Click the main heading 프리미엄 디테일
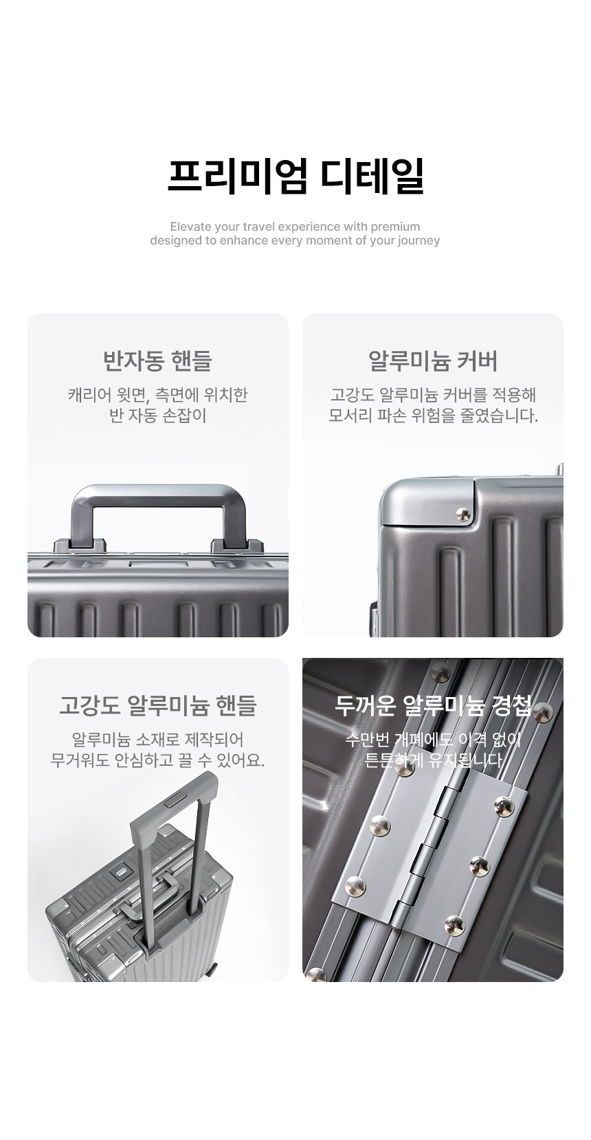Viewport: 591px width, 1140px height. [x=295, y=176]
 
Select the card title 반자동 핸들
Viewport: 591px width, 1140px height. [x=157, y=361]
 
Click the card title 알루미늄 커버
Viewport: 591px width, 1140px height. [x=432, y=361]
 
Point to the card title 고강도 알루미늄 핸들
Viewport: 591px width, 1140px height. [x=157, y=705]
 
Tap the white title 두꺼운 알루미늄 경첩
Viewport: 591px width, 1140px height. [x=432, y=705]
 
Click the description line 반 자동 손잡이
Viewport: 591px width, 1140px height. [x=158, y=415]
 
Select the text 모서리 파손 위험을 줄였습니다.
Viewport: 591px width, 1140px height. [x=433, y=415]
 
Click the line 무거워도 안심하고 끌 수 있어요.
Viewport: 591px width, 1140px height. [x=157, y=760]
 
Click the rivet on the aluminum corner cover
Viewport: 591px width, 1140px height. [x=463, y=514]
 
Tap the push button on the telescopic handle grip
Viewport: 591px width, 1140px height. [x=175, y=799]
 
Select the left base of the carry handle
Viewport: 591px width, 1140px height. [x=80, y=545]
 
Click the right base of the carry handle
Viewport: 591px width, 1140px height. [x=237, y=545]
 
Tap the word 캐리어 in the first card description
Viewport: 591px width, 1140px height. [x=89, y=395]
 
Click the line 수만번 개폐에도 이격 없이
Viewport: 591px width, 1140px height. [x=432, y=740]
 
